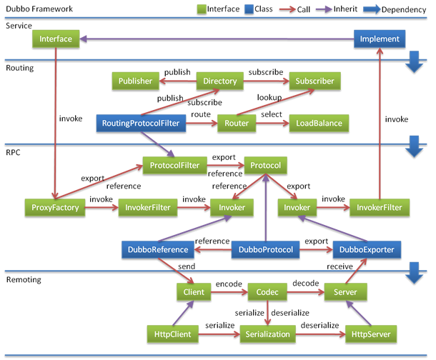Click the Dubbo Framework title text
tap(33, 9)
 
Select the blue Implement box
tap(380, 39)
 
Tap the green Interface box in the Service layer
tap(56, 39)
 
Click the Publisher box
tap(134, 81)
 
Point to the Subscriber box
tap(314, 81)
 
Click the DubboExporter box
tap(367, 250)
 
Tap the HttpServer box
tap(367, 334)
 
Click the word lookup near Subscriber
tap(268, 97)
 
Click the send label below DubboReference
tap(187, 266)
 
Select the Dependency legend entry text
tap(405, 9)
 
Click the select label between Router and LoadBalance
tap(271, 114)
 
